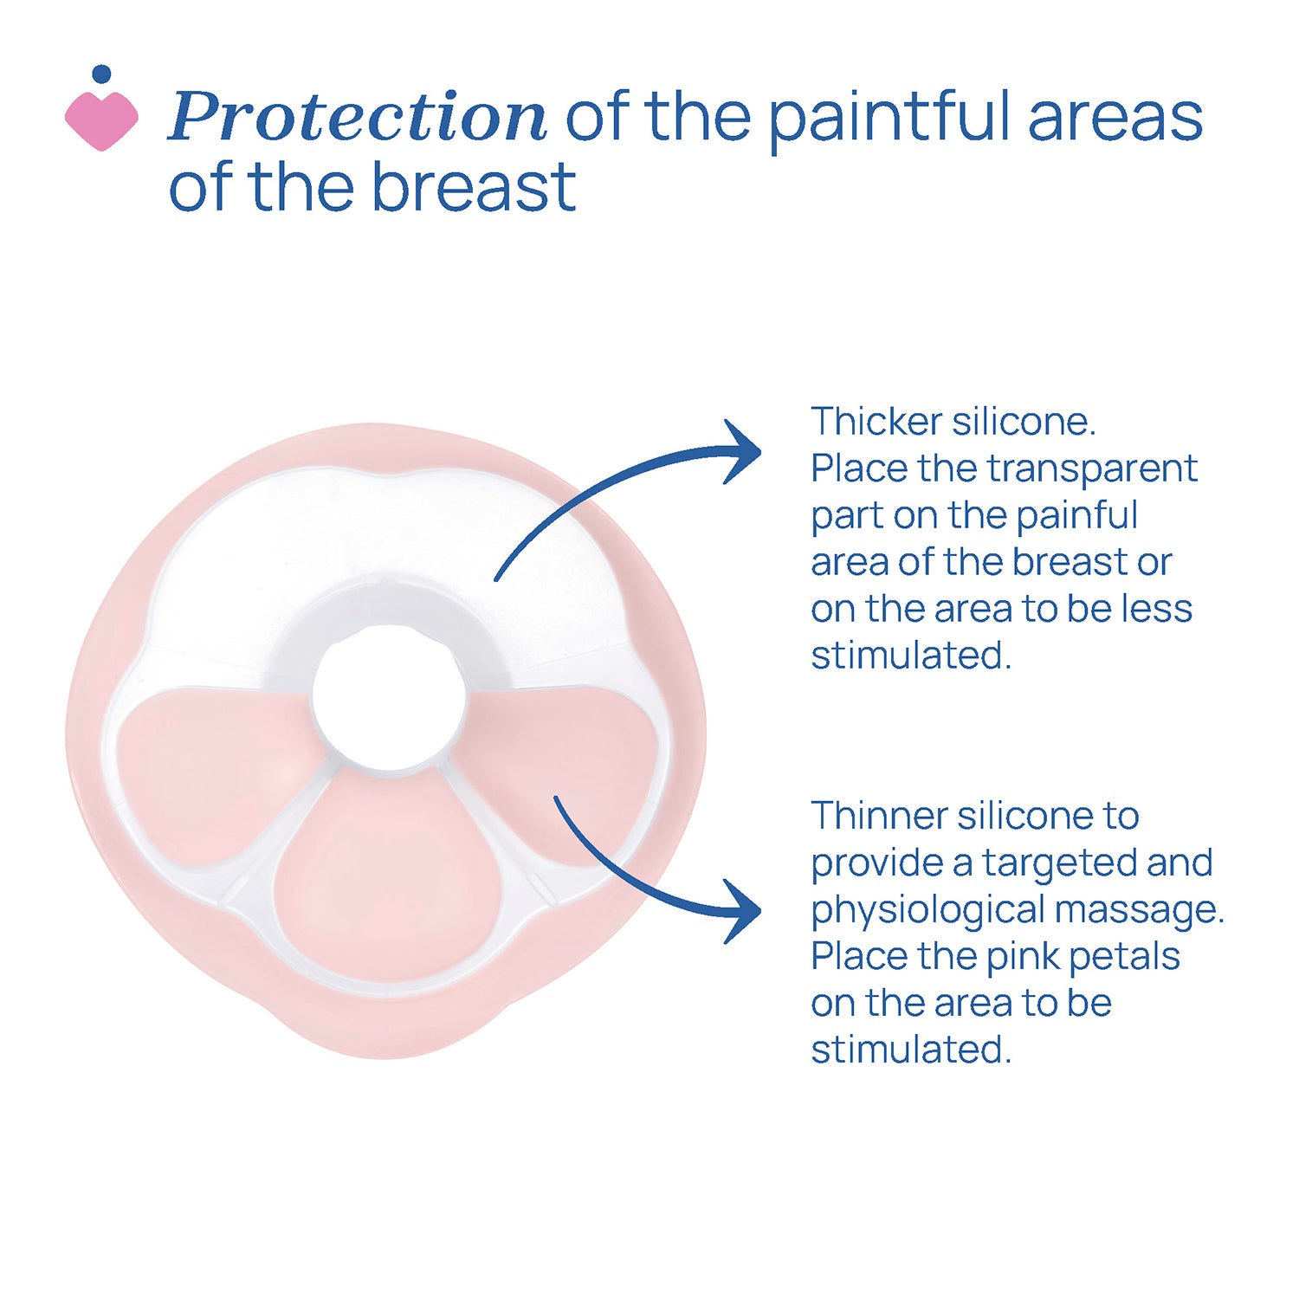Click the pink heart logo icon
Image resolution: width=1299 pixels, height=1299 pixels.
(101, 120)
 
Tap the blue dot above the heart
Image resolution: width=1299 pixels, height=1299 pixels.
(101, 74)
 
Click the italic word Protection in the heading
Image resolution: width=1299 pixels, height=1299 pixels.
(357, 116)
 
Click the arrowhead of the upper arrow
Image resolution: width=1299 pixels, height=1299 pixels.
(741, 451)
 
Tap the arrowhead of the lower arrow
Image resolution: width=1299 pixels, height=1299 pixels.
(741, 911)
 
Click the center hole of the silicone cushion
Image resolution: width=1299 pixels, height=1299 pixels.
(389, 697)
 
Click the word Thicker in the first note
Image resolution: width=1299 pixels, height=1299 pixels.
(876, 422)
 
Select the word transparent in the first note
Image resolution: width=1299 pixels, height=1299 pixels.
(1092, 469)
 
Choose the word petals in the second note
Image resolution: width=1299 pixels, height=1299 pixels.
(1124, 958)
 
